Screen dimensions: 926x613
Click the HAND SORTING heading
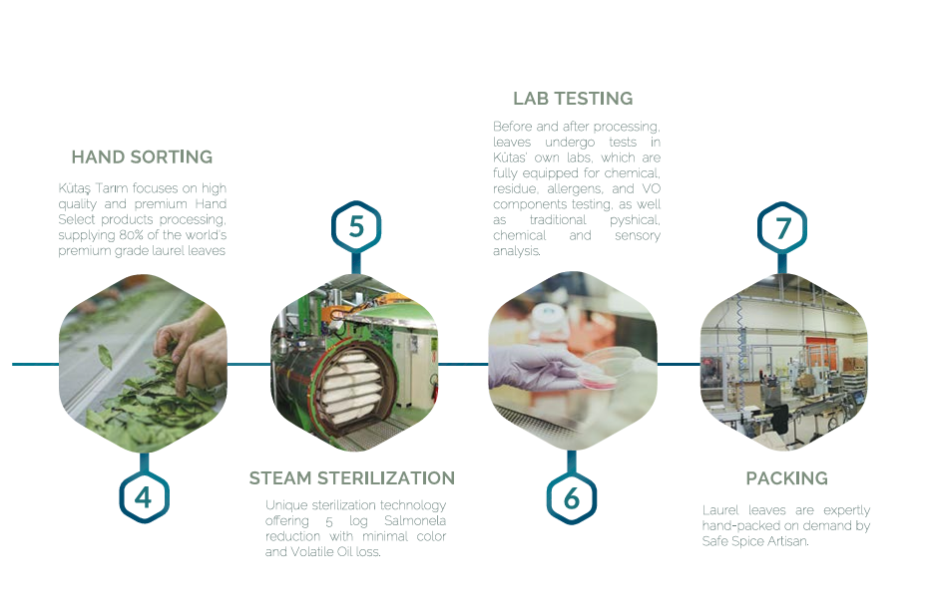[x=142, y=156]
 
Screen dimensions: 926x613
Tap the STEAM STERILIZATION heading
[x=352, y=477]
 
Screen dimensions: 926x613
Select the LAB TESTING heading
[x=573, y=99]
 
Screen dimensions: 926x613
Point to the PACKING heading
[x=786, y=478]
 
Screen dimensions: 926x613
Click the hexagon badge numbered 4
[x=144, y=496]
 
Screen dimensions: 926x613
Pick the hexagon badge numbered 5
[x=356, y=226]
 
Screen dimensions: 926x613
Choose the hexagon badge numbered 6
[x=571, y=498]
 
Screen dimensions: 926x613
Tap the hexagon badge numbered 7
[x=782, y=227]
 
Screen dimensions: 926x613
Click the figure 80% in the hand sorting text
[x=131, y=235]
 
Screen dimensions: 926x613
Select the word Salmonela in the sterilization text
[x=415, y=521]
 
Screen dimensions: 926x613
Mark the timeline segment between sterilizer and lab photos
[x=464, y=364]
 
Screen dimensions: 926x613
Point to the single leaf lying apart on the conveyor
[x=105, y=357]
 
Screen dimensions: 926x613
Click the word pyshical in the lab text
[x=635, y=220]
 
